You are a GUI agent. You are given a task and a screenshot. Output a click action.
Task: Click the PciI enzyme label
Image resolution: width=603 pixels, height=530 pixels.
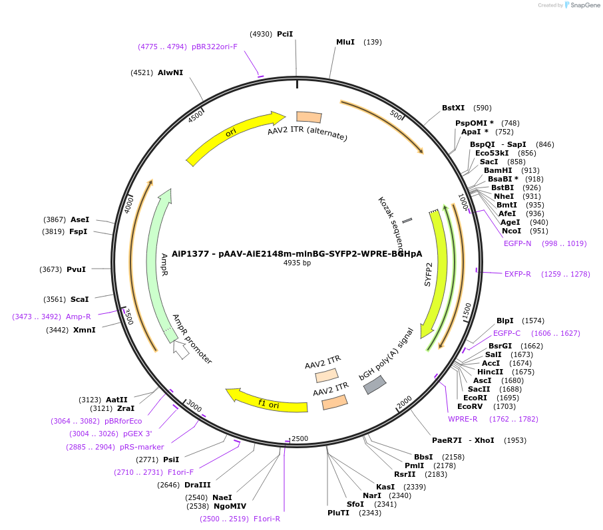pos(285,34)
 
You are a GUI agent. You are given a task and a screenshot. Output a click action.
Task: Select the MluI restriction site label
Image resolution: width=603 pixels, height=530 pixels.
pos(345,42)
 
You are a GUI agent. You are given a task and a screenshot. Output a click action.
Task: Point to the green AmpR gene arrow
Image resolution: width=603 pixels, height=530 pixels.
pos(160,259)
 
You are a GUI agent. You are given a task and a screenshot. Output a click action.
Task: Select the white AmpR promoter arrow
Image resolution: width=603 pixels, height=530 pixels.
pos(180,349)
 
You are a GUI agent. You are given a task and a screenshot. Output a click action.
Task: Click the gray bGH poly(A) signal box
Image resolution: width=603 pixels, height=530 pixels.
pos(374,384)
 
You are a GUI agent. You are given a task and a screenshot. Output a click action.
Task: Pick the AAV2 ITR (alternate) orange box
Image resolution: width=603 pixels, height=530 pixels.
pos(309,117)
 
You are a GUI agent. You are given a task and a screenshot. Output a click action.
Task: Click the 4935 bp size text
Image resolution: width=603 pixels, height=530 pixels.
pos(297,263)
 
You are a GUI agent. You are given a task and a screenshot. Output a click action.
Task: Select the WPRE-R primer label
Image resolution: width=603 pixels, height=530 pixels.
pos(463,419)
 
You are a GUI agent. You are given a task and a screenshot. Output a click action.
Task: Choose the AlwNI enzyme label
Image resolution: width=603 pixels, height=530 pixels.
pos(170,72)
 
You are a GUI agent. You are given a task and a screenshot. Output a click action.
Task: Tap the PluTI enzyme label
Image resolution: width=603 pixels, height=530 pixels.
pos(338,513)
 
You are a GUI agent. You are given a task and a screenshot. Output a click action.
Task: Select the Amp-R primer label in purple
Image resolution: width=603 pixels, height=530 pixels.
pos(78,317)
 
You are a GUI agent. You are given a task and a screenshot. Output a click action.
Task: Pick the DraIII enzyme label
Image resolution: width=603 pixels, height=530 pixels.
pos(197,485)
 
